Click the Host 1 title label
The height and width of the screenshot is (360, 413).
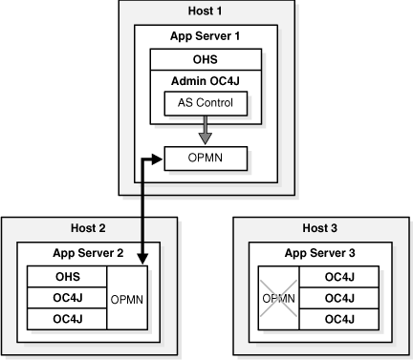tap(205, 11)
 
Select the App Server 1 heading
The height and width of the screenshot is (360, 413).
tap(205, 36)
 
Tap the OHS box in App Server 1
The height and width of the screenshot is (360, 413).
tap(206, 59)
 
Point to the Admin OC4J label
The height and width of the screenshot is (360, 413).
tap(206, 81)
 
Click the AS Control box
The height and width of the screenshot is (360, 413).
tap(206, 103)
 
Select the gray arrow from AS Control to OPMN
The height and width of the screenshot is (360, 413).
tap(206, 130)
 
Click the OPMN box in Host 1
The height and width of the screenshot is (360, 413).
tap(206, 159)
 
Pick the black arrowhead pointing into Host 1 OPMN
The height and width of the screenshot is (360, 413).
tap(158, 159)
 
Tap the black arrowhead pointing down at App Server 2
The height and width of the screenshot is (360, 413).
tap(142, 259)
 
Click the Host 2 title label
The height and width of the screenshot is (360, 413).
tap(88, 228)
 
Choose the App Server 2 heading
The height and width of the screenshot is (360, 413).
tap(88, 253)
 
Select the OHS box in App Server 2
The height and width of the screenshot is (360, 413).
tap(67, 277)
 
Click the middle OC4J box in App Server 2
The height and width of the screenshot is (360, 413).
tap(67, 298)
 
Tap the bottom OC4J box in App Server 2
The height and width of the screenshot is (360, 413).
tap(67, 319)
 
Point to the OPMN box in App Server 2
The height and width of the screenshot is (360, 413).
tap(127, 298)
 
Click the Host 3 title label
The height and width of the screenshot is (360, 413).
tap(319, 228)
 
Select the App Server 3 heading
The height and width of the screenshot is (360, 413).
tap(319, 253)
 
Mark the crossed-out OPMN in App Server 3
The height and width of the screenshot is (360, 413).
tap(278, 298)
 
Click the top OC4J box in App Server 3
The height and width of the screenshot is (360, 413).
tap(339, 277)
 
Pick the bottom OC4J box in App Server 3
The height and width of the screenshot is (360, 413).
tap(339, 319)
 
